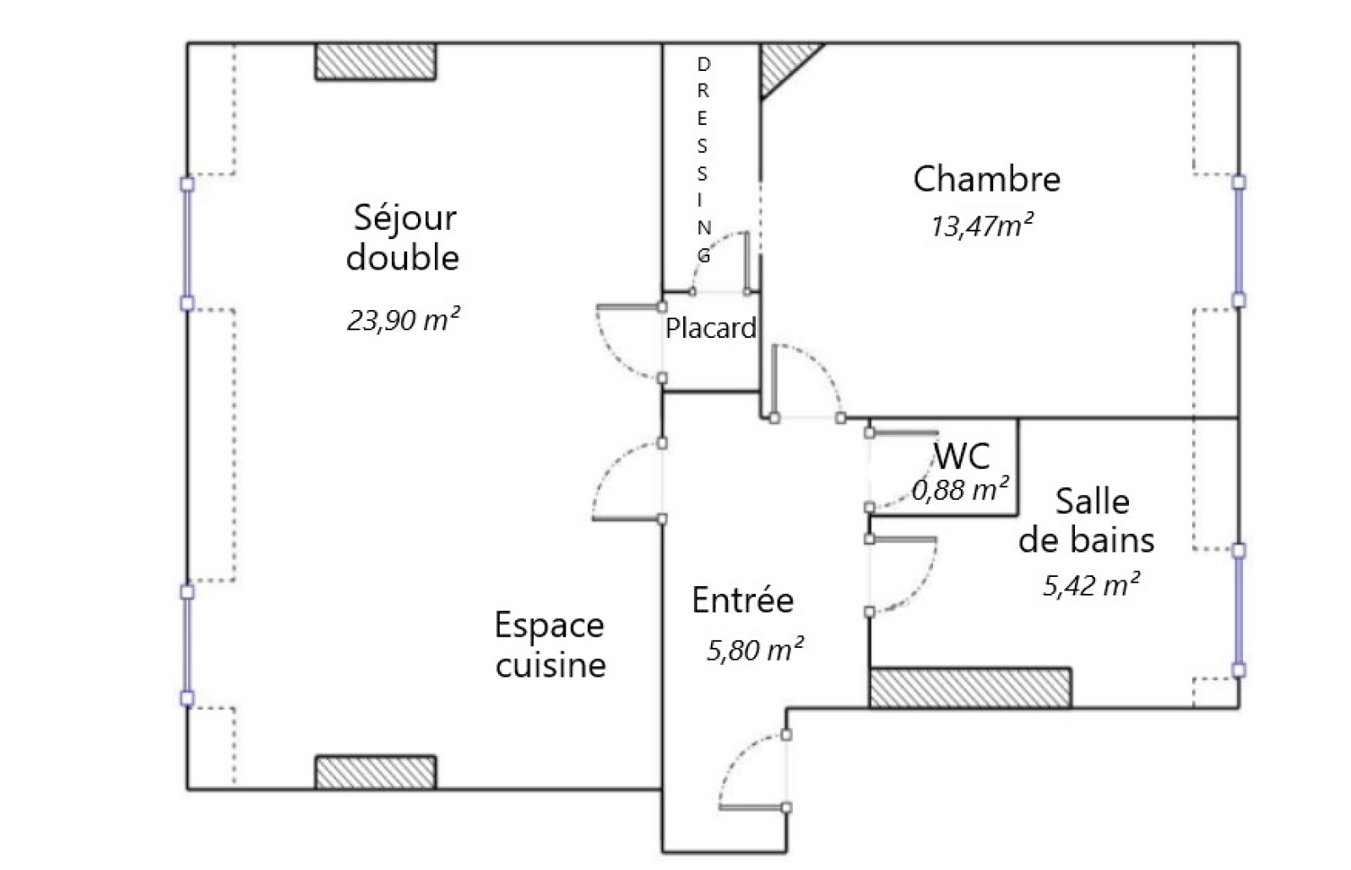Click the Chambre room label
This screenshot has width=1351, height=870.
coord(987,179)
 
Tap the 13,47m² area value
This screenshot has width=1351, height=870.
coord(982,226)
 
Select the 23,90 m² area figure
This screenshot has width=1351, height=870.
coord(403,319)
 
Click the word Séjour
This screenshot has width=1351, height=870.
coord(404,219)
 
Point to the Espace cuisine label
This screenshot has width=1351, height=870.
coord(550,644)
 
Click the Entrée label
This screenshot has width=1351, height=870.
coord(742,600)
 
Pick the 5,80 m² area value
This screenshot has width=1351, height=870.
coord(755,650)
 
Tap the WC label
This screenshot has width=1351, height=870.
coord(962,456)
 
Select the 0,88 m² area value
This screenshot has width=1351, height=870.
coord(960,489)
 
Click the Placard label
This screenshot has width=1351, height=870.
coord(710,329)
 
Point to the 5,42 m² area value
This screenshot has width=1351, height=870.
coord(1092,585)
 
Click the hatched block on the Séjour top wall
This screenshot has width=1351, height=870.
coord(375,61)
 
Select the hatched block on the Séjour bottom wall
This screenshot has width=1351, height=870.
coord(375,772)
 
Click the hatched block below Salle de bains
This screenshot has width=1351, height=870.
coord(970,688)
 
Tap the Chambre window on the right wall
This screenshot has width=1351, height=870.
coord(1239,242)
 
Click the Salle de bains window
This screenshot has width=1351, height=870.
coord(1239,611)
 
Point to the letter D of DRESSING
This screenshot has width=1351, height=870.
coord(703,64)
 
